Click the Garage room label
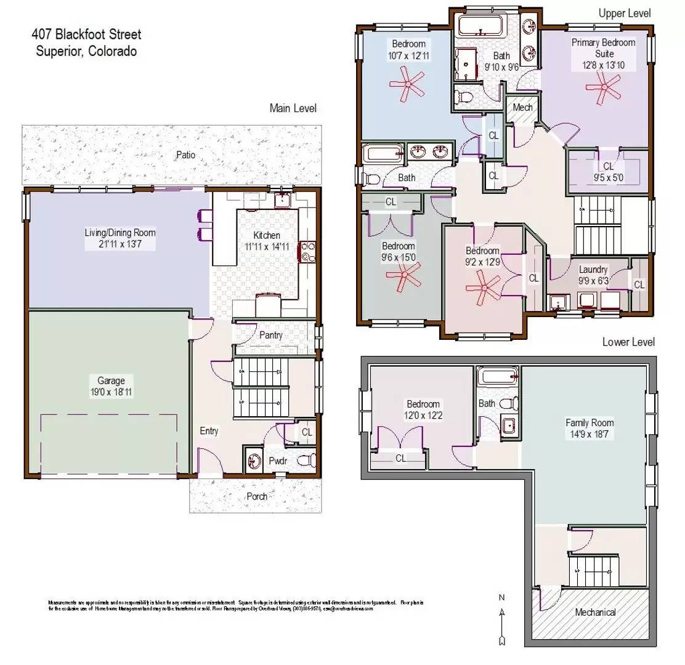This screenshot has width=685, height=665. [110, 381]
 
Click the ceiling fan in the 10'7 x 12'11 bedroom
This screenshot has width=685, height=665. [407, 83]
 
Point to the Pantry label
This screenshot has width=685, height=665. [270, 336]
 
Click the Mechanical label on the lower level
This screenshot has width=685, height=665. [595, 612]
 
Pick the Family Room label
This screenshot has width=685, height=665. [590, 423]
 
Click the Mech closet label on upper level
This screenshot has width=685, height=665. [522, 108]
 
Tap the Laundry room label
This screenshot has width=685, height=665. [593, 270]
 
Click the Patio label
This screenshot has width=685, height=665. [185, 155]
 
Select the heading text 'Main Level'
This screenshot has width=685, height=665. [293, 108]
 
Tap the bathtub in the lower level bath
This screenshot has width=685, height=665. [497, 377]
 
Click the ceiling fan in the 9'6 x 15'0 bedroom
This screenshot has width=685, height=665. [404, 275]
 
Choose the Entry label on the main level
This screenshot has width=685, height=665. [209, 431]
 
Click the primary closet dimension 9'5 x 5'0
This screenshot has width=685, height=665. [608, 178]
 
